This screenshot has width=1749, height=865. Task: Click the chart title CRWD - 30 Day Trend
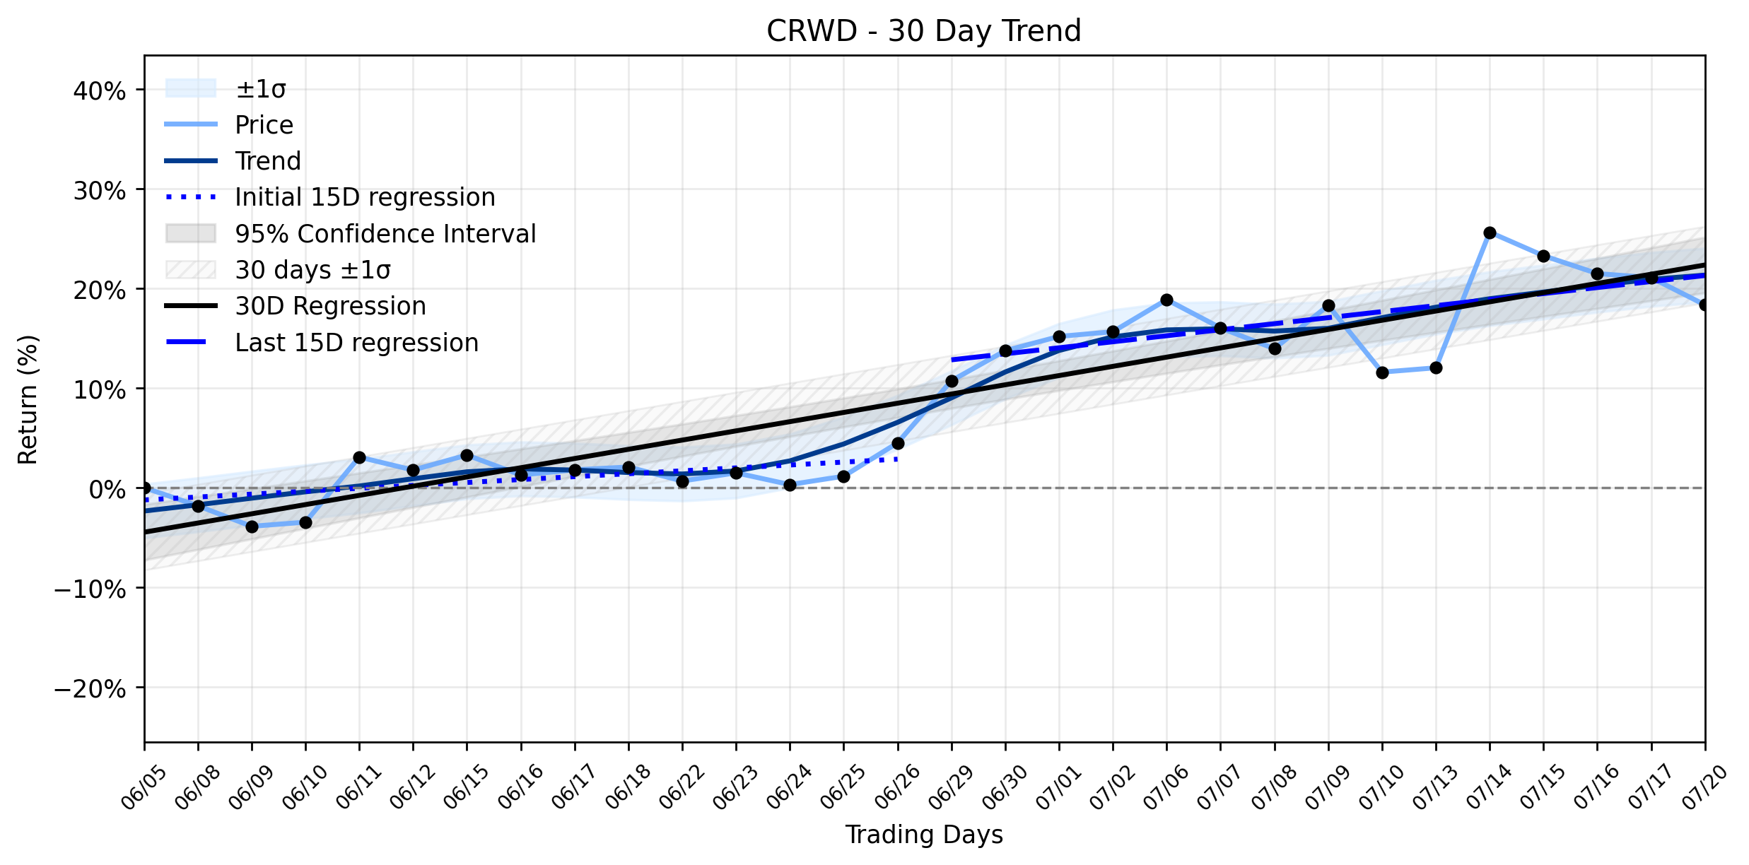pos(924,31)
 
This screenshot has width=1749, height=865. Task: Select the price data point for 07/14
pos(1490,233)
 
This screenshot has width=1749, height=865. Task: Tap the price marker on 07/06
pos(1166,300)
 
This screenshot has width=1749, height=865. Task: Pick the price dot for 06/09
pos(252,526)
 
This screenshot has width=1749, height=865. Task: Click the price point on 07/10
pos(1382,372)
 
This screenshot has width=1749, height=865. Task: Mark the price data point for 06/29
pos(952,381)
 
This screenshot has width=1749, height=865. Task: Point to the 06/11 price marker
pos(359,457)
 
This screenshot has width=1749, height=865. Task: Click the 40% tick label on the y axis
pos(100,90)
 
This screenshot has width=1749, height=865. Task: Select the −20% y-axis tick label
pos(90,689)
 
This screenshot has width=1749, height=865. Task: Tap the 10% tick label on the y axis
pos(100,389)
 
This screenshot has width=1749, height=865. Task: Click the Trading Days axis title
pos(924,835)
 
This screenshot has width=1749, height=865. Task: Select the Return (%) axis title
pos(28,399)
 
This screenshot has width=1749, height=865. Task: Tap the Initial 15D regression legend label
pos(365,197)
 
